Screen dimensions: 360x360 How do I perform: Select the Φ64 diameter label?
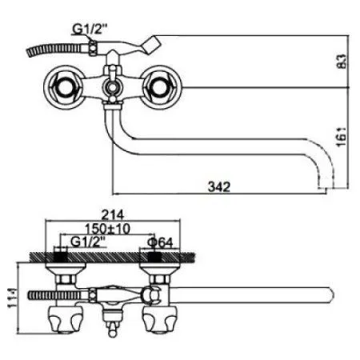click(x=157, y=241)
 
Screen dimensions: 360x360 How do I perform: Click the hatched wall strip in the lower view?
click(x=112, y=257)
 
